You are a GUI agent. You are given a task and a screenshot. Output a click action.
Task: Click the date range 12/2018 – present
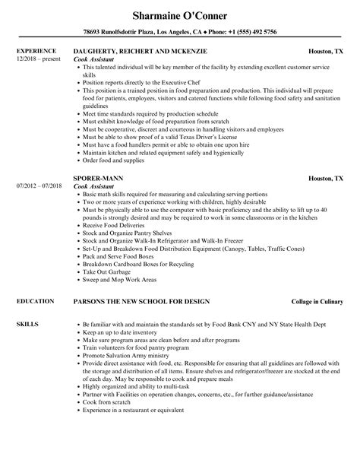coord(39,59)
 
